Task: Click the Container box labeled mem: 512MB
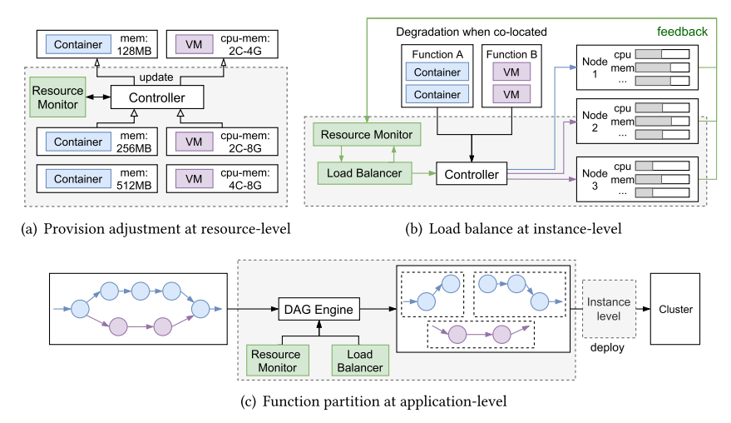(x=78, y=177)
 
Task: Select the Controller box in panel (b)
(x=471, y=174)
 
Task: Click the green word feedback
(x=682, y=32)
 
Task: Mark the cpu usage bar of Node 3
(x=662, y=164)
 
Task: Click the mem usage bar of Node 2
(x=662, y=121)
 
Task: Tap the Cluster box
(x=676, y=310)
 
